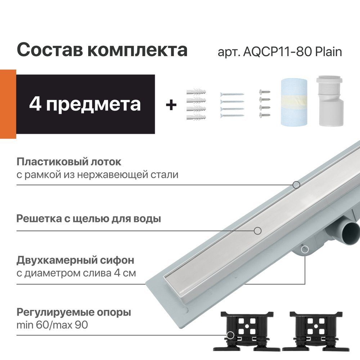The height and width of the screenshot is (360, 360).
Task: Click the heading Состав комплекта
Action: click(102, 50)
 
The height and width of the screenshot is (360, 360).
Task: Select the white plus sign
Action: click(171, 105)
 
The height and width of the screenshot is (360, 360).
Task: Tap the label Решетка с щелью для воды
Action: click(89, 219)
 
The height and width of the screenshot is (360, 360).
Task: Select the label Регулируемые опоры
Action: click(74, 312)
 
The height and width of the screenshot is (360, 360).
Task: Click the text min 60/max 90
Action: click(52, 325)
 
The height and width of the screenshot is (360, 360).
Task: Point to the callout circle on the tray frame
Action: click(296, 185)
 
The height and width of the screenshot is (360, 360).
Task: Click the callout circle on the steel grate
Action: click(257, 230)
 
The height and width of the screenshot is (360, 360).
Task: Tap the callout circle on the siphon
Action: click(305, 249)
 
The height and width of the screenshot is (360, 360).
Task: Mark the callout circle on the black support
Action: click(230, 335)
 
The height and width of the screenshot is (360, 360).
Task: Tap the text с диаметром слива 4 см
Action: click(76, 273)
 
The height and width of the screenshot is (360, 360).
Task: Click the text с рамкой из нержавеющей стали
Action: click(97, 175)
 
